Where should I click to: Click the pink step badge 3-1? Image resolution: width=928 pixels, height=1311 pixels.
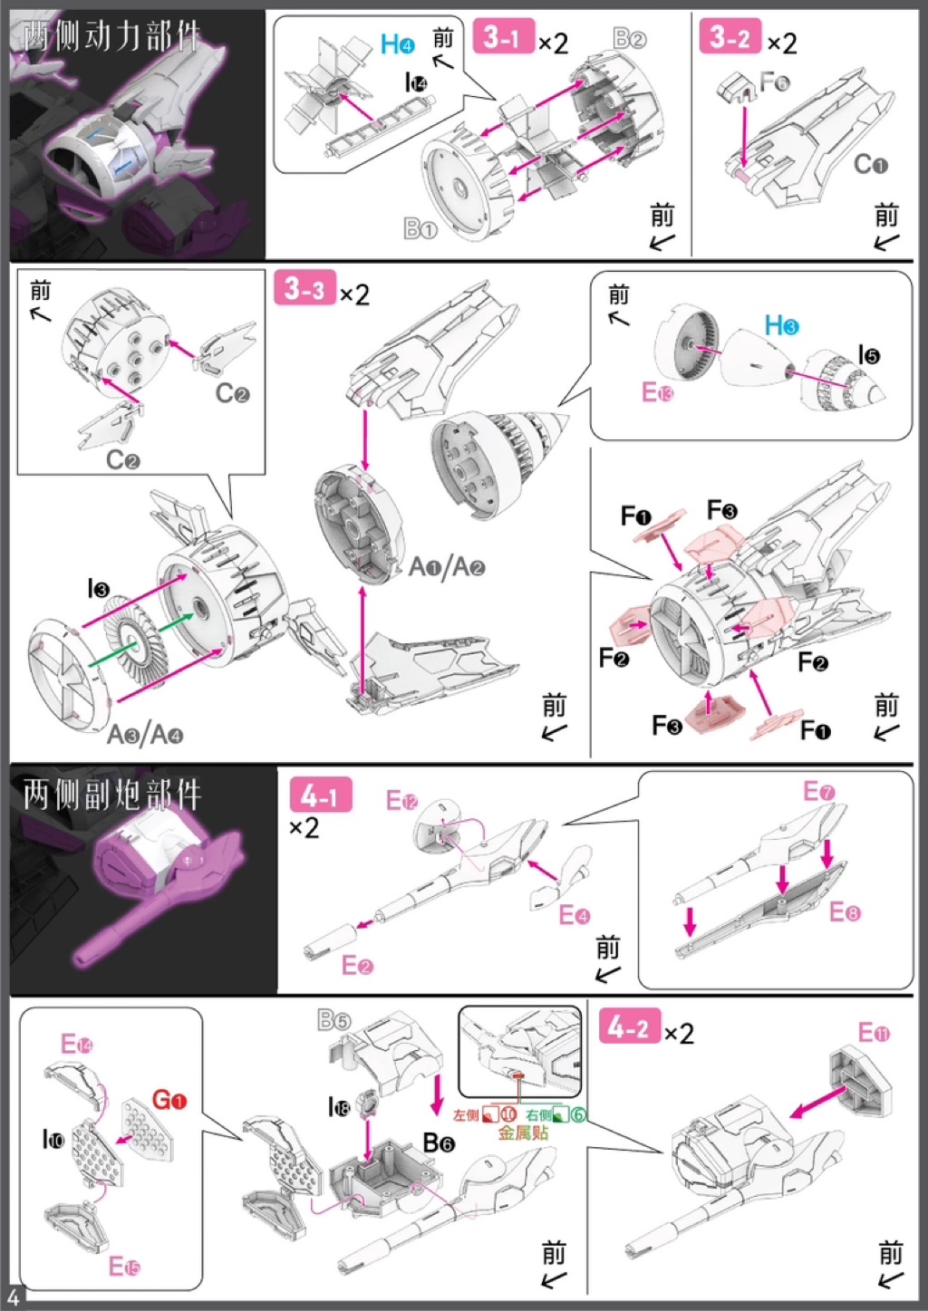pyautogui.click(x=503, y=37)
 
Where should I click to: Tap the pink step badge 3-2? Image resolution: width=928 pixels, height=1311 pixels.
pyautogui.click(x=730, y=37)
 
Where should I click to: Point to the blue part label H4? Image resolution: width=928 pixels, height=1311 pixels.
pyautogui.click(x=398, y=43)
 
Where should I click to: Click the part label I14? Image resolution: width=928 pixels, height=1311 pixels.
pyautogui.click(x=416, y=83)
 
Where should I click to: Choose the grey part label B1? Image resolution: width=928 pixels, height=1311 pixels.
pyautogui.click(x=420, y=229)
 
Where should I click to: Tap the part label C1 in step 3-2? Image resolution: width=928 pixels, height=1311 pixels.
pyautogui.click(x=870, y=164)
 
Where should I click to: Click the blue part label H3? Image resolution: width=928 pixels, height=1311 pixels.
pyautogui.click(x=781, y=325)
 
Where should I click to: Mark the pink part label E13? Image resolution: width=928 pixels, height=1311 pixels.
pyautogui.click(x=657, y=392)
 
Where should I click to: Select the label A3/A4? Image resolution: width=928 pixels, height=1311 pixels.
pyautogui.click(x=145, y=734)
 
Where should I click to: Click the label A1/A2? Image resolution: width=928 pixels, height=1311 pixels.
pyautogui.click(x=447, y=567)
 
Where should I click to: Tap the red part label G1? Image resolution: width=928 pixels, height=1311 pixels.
pyautogui.click(x=169, y=1101)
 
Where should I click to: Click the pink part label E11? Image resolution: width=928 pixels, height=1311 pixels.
pyautogui.click(x=874, y=1033)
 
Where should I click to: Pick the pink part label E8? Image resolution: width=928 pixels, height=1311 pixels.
pyautogui.click(x=845, y=911)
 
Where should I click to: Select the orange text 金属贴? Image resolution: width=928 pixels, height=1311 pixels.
pyautogui.click(x=522, y=1133)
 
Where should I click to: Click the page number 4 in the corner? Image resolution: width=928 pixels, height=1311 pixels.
pyautogui.click(x=13, y=1299)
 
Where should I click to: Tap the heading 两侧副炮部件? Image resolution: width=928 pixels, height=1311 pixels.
pyautogui.click(x=112, y=795)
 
